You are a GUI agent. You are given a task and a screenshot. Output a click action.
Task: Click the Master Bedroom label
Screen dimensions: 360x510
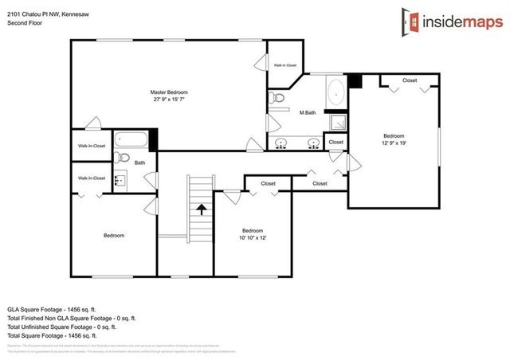pyautogui.click(x=169, y=92)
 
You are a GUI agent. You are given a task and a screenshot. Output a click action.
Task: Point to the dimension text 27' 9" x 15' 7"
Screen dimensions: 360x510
pyautogui.click(x=169, y=100)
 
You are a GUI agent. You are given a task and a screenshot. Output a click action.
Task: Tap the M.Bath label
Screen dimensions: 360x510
pyautogui.click(x=308, y=112)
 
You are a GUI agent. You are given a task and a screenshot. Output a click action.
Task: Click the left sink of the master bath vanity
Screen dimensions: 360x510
pyautogui.click(x=281, y=144)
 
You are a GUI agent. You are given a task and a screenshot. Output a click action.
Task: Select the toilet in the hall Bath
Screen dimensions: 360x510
pyautogui.click(x=120, y=157)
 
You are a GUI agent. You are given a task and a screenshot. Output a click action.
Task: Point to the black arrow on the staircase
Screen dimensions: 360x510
pyautogui.click(x=202, y=210)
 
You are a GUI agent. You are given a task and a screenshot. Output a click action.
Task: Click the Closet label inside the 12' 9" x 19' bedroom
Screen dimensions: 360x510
pyautogui.click(x=410, y=80)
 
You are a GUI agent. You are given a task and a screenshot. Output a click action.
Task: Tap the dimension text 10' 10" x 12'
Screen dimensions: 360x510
pyautogui.click(x=253, y=237)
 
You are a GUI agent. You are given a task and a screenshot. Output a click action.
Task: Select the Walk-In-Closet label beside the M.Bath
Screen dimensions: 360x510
pyautogui.click(x=284, y=65)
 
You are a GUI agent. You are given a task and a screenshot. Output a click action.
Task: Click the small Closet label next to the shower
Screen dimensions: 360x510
pyautogui.click(x=336, y=142)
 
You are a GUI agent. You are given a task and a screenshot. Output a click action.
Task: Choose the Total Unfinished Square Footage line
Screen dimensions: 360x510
pyautogui.click(x=61, y=327)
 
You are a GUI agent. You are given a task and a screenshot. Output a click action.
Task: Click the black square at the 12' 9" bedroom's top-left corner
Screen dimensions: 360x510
pyautogui.click(x=355, y=80)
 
